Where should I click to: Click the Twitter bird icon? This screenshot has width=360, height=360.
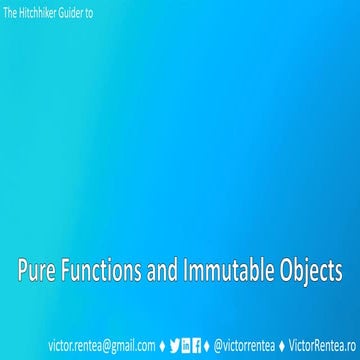pyautogui.click(x=176, y=346)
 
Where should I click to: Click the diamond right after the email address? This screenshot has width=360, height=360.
pyautogui.click(x=163, y=346)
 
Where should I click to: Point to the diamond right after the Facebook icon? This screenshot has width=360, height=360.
pyautogui.click(x=208, y=346)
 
